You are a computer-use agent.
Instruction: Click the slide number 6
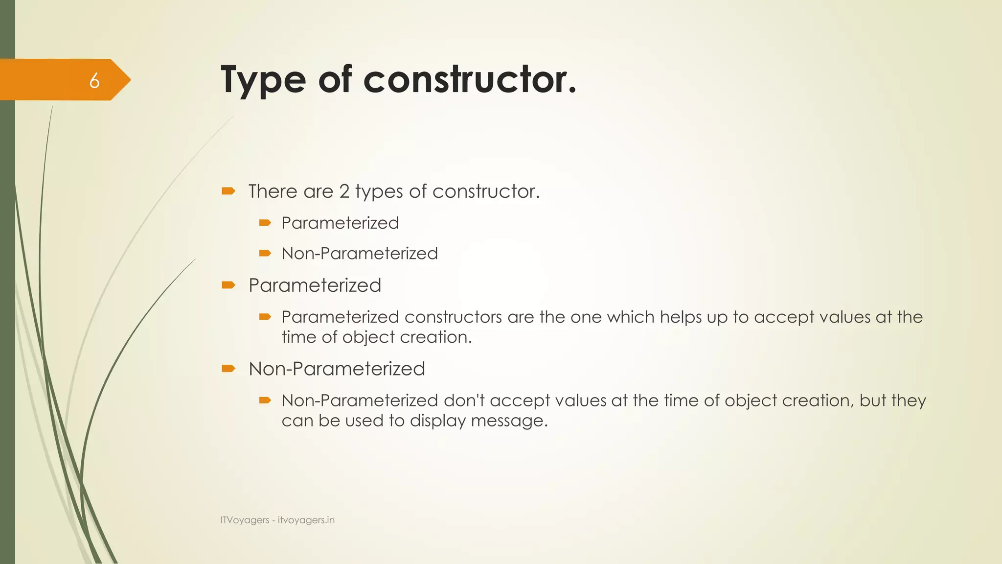pos(94,80)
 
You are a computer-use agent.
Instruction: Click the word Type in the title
pos(263,79)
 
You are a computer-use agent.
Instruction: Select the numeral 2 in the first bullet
pos(344,191)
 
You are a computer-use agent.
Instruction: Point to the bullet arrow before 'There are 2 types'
pos(228,191)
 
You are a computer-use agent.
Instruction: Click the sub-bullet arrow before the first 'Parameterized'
pos(265,223)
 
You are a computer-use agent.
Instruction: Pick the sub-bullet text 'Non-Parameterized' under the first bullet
pos(360,254)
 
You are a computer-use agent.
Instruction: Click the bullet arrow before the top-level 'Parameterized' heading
pos(228,285)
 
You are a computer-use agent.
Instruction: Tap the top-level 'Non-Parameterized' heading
pos(337,369)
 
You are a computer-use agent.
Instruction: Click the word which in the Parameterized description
pos(631,317)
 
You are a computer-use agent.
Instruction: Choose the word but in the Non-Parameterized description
pos(873,400)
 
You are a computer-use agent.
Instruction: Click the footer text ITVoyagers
pos(245,520)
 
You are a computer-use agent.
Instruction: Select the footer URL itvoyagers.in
pos(306,520)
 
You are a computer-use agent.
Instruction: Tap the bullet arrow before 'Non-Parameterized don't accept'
pos(265,400)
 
